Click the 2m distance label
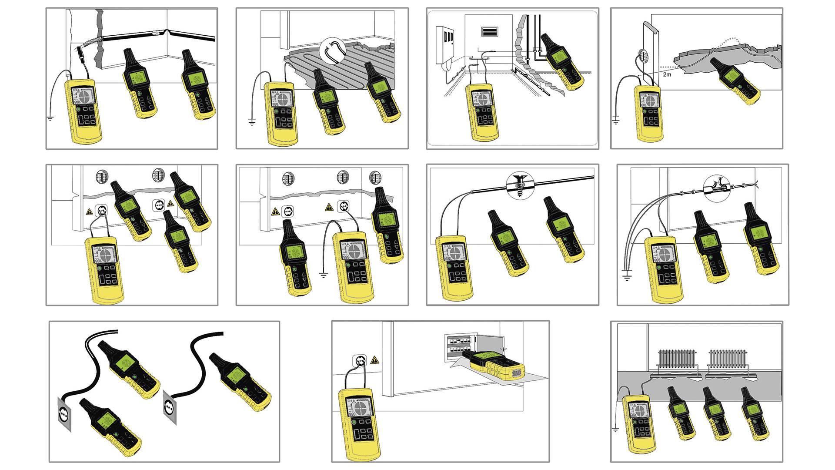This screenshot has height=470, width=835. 667,74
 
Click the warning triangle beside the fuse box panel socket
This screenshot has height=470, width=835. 374,360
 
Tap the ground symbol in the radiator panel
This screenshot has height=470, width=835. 615,430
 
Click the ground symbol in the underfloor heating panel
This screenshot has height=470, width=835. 252,122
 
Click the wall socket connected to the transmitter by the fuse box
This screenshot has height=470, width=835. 361,361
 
